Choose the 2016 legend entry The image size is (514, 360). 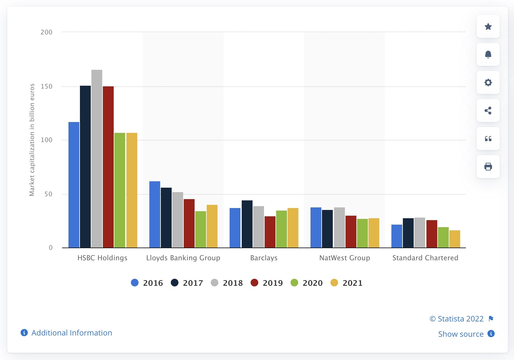coord(147,283)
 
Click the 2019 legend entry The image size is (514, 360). coord(267,283)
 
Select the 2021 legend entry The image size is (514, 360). coord(347,283)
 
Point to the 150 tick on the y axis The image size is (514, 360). coord(46,86)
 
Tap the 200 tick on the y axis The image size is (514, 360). coord(46,32)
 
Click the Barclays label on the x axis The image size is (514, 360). coord(264,258)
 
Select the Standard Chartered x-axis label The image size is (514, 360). coord(425,258)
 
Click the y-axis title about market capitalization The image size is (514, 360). coord(32,140)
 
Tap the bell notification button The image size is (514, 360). coord(488,54)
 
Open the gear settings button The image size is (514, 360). coord(488,83)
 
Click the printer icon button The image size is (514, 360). coord(488,167)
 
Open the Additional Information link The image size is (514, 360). coord(72,333)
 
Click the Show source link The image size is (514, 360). coord(461,334)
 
